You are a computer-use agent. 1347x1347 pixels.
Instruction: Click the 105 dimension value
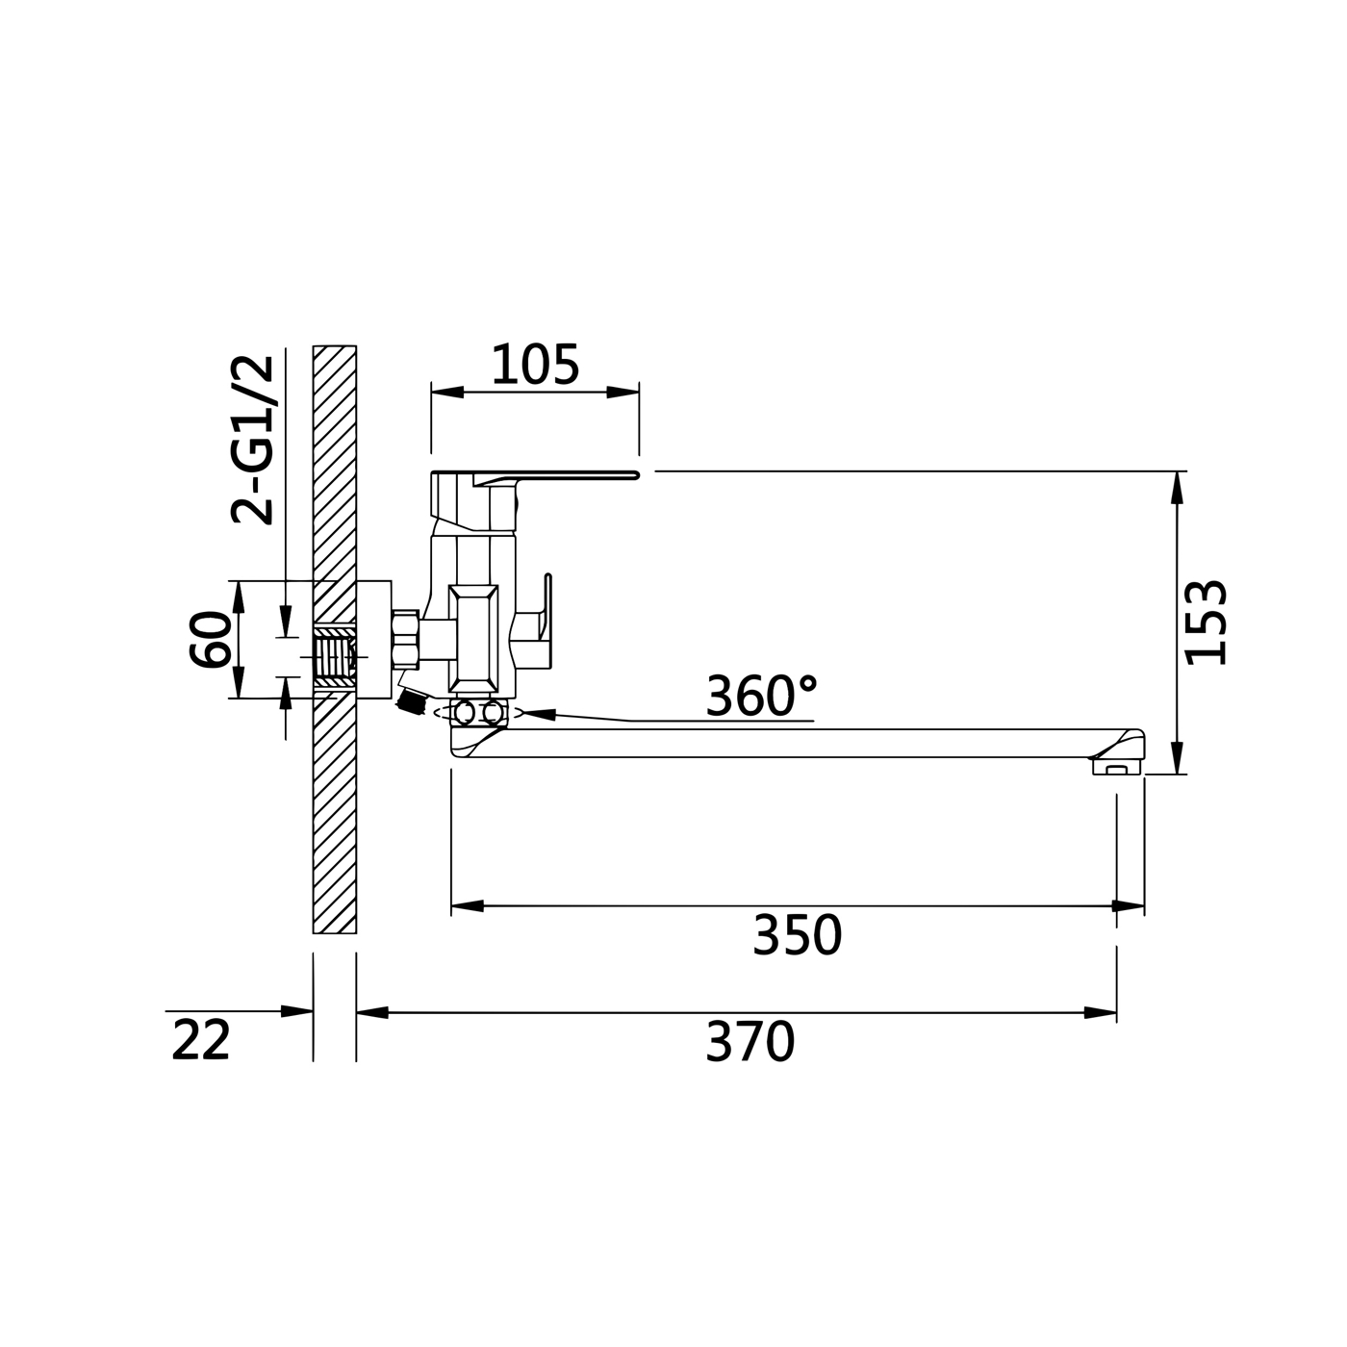point(536,365)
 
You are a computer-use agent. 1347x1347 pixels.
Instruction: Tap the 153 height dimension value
point(1207,623)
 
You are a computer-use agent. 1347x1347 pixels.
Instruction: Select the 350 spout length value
point(798,934)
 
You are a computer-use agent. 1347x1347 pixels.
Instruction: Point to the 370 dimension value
point(750,1041)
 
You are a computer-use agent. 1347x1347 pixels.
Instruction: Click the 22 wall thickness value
point(201,1040)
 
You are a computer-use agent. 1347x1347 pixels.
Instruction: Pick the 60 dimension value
point(210,639)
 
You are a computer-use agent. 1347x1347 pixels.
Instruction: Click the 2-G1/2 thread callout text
point(253,440)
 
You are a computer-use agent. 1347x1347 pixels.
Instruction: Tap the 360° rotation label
point(762,696)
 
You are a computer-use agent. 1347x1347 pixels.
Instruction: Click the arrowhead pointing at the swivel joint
point(537,715)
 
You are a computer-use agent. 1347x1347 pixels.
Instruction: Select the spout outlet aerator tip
point(1118,768)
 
